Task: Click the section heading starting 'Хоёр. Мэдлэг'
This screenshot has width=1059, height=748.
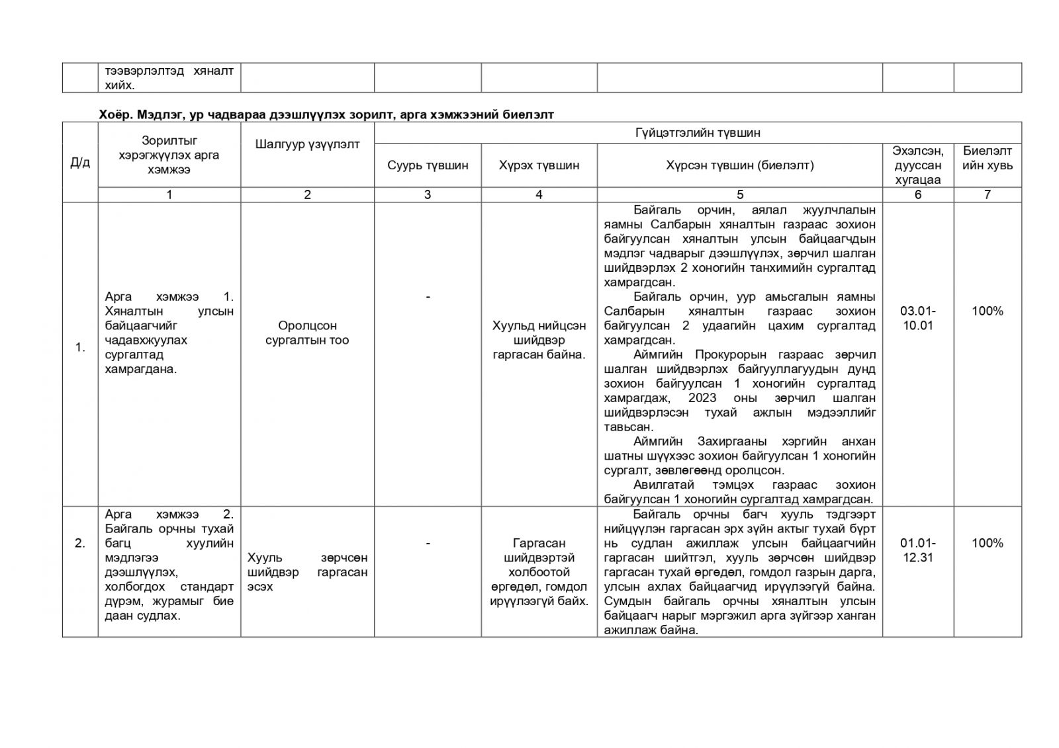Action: pos(326,114)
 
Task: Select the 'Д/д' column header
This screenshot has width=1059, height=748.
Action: pos(80,162)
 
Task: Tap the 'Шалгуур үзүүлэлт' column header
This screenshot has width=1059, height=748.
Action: pos(307,144)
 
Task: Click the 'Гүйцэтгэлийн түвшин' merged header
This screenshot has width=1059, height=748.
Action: pos(698,132)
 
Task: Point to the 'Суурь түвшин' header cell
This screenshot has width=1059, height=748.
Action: pos(428,165)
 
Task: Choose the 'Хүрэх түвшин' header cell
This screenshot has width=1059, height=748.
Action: pos(539,165)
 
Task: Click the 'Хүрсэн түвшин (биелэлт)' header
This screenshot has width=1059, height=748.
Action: pos(739,165)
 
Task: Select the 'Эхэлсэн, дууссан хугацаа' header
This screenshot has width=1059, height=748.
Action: pos(917,165)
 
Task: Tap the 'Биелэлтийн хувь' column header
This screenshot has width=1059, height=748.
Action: pos(987,158)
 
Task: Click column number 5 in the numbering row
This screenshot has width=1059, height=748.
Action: pos(739,194)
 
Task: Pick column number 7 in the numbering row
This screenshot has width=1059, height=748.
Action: pos(987,194)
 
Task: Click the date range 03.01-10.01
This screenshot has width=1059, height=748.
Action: pos(917,318)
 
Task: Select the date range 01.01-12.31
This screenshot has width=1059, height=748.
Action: pos(917,550)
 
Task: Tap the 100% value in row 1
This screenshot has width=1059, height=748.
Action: pos(987,311)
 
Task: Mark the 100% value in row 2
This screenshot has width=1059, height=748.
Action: pos(987,543)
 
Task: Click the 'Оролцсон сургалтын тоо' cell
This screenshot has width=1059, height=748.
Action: pos(307,333)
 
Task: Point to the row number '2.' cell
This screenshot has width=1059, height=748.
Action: pos(80,543)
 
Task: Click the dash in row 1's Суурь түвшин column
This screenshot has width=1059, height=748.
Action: pos(428,297)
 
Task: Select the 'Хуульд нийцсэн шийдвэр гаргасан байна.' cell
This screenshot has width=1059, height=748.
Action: pos(539,340)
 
